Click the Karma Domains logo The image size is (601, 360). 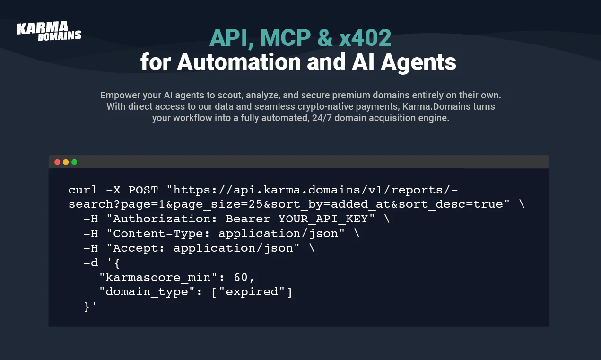pyautogui.click(x=49, y=31)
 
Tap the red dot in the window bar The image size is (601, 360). pyautogui.click(x=57, y=162)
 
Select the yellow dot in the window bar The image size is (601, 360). pyautogui.click(x=66, y=162)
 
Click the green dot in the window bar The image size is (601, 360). pyautogui.click(x=74, y=162)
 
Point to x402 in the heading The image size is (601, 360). pyautogui.click(x=365, y=38)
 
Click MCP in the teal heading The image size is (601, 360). pyautogui.click(x=286, y=38)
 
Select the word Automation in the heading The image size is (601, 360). pyautogui.click(x=239, y=62)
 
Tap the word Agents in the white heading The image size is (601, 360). pyautogui.click(x=418, y=63)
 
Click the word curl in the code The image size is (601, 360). pyautogui.click(x=83, y=190)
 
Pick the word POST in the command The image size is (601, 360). pyautogui.click(x=143, y=190)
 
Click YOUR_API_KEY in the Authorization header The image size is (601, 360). pyautogui.click(x=323, y=219)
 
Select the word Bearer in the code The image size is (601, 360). pyautogui.click(x=248, y=219)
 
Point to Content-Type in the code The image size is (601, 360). pyautogui.click(x=158, y=234)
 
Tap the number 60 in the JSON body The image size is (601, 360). pyautogui.click(x=241, y=277)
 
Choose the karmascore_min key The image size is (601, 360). pyautogui.click(x=158, y=277)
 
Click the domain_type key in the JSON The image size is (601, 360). pyautogui.click(x=147, y=292)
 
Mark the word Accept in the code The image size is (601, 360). pyautogui.click(x=136, y=248)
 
